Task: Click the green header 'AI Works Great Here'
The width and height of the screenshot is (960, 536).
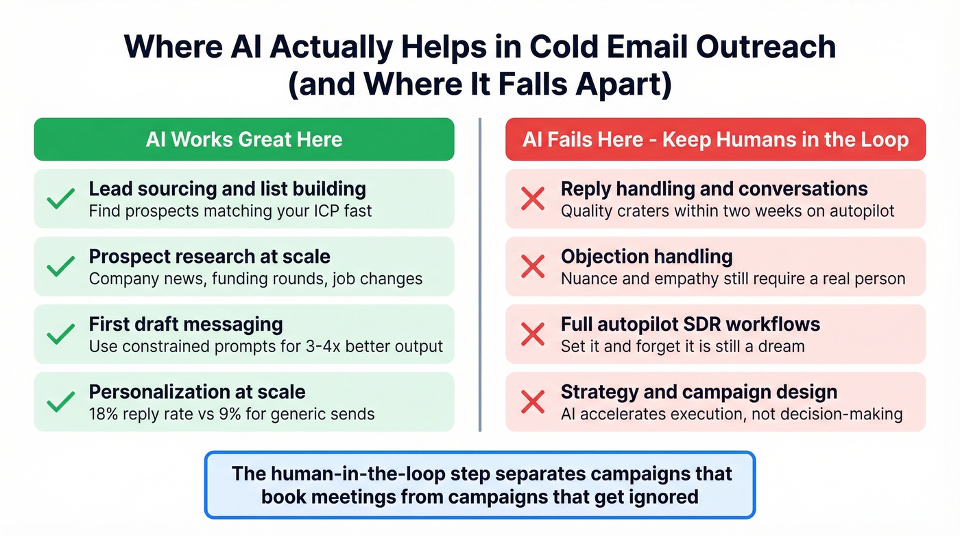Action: (x=243, y=139)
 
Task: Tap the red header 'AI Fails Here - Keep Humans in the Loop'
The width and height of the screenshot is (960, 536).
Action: (x=715, y=139)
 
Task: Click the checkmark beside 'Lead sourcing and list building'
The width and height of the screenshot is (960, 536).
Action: (x=61, y=199)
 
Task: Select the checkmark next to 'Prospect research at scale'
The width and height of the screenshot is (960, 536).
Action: (x=61, y=266)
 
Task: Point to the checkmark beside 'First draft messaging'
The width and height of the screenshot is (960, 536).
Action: (x=61, y=334)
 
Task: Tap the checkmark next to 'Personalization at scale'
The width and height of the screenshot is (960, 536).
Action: (x=61, y=401)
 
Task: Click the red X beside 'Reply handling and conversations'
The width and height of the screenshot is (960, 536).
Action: (x=533, y=199)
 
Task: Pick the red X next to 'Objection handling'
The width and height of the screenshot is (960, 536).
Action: (x=533, y=266)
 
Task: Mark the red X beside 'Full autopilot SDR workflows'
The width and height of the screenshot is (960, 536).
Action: (x=533, y=334)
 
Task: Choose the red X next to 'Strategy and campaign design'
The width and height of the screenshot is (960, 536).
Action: (x=533, y=401)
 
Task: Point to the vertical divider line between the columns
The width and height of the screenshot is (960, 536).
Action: (x=480, y=275)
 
